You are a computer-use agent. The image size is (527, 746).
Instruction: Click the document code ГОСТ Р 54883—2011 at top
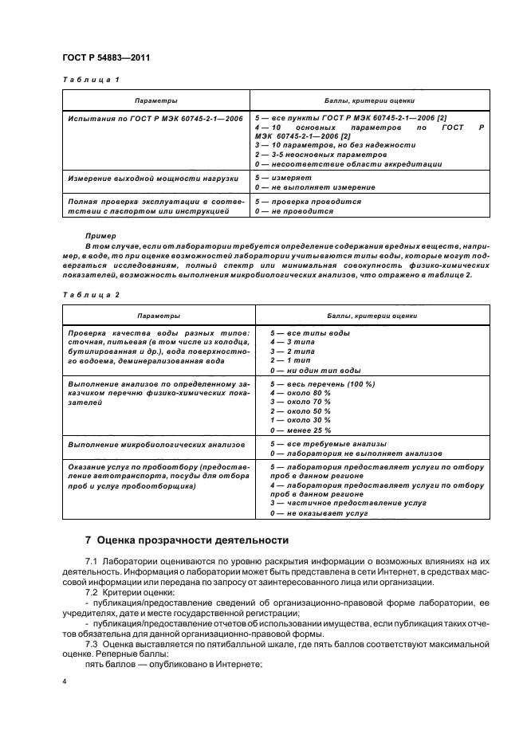click(x=106, y=58)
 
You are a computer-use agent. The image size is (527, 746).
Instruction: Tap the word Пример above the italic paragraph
click(x=100, y=236)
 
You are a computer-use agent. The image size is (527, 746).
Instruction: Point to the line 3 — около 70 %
click(x=301, y=401)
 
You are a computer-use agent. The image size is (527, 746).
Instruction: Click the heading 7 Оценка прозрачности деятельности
click(x=187, y=540)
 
